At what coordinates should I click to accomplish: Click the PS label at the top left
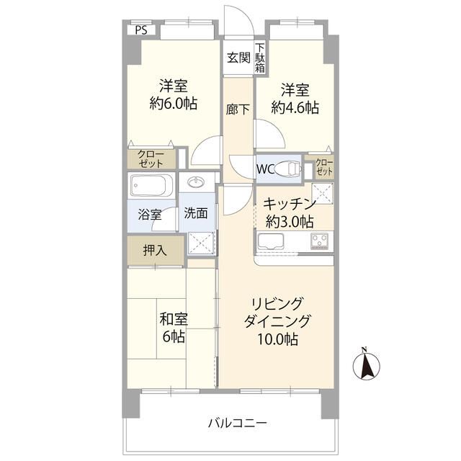[141, 30]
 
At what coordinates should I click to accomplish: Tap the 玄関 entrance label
[238, 58]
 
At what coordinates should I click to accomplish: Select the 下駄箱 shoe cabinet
[259, 58]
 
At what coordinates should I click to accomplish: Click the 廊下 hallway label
[238, 109]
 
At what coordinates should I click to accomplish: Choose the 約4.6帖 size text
[295, 108]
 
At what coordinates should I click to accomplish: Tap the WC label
[264, 170]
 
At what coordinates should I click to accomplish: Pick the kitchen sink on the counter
[274, 242]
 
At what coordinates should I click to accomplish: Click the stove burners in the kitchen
[319, 241]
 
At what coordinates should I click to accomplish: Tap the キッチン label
[288, 203]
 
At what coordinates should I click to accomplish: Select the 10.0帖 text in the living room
[277, 339]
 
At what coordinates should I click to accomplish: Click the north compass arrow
[366, 365]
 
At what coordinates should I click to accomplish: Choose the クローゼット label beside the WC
[324, 167]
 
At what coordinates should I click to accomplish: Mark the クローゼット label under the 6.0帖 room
[151, 159]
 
